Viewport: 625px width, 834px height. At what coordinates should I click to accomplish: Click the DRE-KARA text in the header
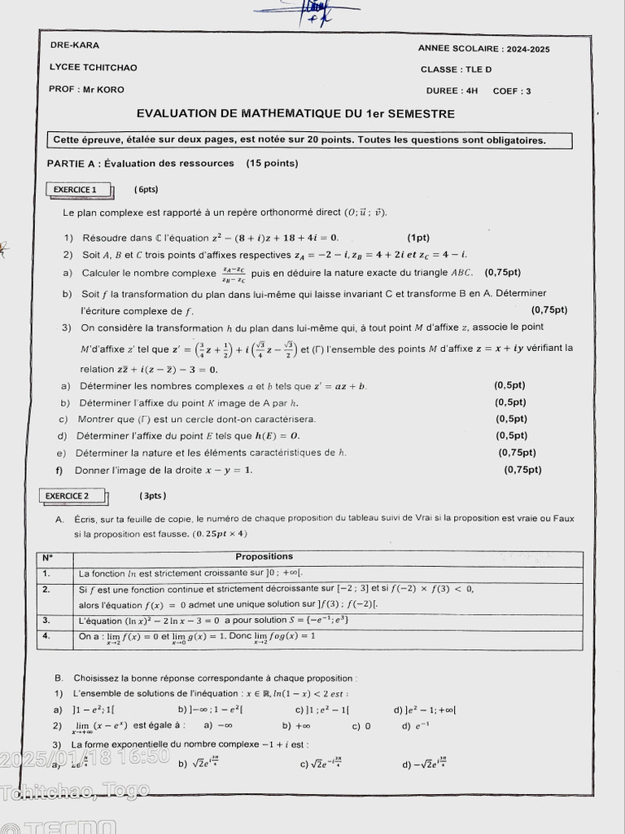click(75, 45)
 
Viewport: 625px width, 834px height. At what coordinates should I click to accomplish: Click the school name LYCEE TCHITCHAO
click(94, 68)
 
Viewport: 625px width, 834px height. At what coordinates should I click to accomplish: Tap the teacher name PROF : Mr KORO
click(86, 90)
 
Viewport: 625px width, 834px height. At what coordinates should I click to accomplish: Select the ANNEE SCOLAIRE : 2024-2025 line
click(483, 50)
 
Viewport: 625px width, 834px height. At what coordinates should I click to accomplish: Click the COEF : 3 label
click(512, 91)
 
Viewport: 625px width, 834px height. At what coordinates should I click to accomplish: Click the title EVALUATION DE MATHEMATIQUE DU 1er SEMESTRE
click(295, 114)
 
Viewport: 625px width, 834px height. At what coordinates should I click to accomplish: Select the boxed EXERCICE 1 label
click(75, 190)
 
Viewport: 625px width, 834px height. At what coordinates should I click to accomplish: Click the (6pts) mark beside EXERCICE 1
click(146, 190)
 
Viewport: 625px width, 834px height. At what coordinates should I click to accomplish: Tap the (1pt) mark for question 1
click(418, 238)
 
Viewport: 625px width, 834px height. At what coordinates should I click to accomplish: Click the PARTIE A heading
click(173, 164)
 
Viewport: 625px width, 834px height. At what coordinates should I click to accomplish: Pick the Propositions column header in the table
click(264, 557)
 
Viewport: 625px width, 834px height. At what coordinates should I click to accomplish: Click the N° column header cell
click(47, 558)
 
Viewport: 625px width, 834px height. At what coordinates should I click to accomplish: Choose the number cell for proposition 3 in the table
click(46, 621)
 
